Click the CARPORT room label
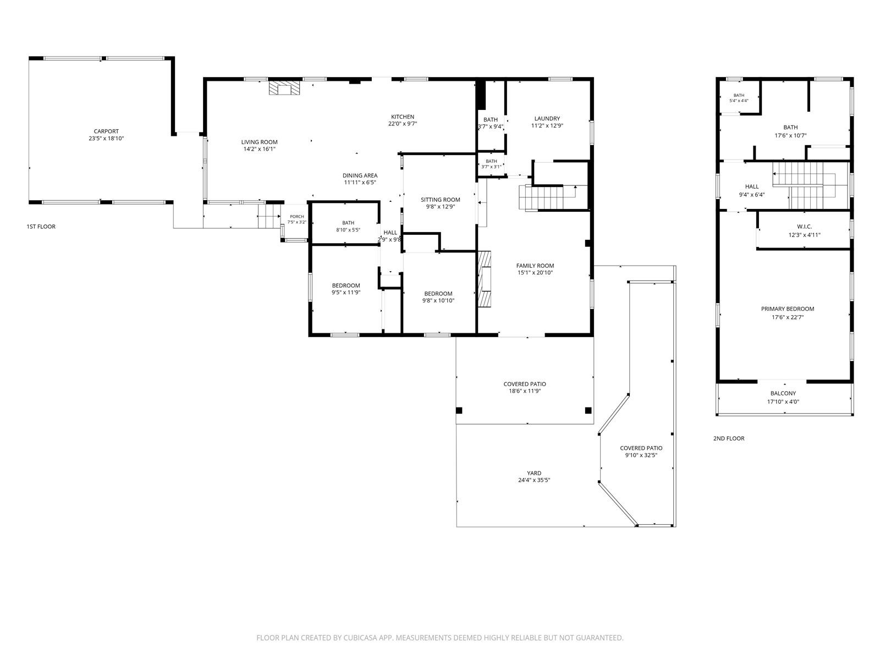(106, 131)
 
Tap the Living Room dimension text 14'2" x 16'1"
(260, 149)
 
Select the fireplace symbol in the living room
(284, 89)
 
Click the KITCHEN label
(403, 117)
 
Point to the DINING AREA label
(360, 175)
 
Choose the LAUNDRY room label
(547, 119)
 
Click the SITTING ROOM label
(440, 200)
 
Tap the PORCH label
(296, 217)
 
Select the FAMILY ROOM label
(535, 266)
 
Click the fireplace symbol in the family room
(485, 279)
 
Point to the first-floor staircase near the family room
(548, 197)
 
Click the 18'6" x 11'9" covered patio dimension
(525, 391)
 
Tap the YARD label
(534, 473)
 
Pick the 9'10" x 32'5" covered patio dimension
(641, 455)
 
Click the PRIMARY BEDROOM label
(788, 309)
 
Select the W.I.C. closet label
(804, 227)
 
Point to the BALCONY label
(783, 393)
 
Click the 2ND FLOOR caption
(728, 438)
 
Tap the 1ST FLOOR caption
(41, 227)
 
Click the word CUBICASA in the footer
(360, 637)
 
